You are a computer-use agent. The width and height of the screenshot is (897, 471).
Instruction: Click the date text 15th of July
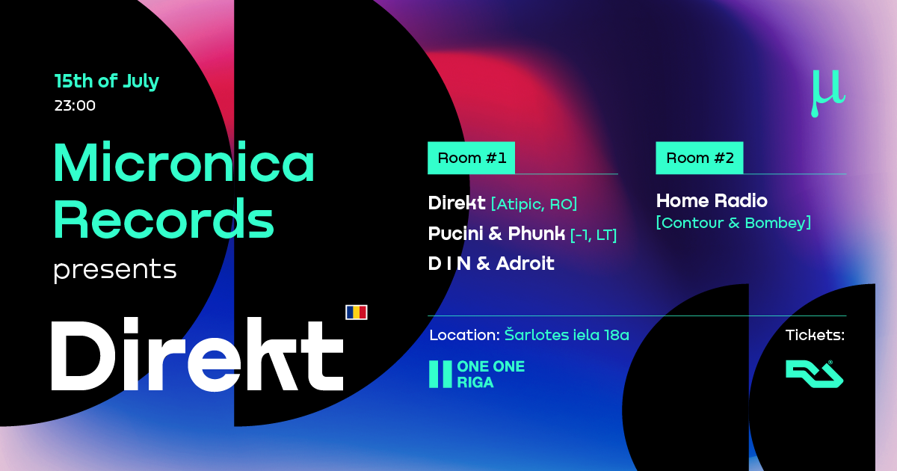(x=106, y=81)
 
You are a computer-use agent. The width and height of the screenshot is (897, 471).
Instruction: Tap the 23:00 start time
(x=75, y=105)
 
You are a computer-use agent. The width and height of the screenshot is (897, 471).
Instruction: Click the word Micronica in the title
(x=184, y=162)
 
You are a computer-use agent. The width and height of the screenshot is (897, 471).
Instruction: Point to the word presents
(x=115, y=270)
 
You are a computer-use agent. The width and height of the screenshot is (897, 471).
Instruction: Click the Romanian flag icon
(x=357, y=313)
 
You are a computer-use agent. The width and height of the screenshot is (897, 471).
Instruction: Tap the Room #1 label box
(x=472, y=158)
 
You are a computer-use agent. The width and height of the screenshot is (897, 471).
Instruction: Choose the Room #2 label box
(x=700, y=158)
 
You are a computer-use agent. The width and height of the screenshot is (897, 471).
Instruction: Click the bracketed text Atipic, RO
(x=534, y=204)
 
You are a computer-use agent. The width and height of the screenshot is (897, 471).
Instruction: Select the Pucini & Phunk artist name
(x=496, y=233)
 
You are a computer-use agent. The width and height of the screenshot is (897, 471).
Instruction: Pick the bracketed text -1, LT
(x=594, y=235)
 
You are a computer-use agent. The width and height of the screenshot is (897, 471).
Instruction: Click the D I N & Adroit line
(x=491, y=263)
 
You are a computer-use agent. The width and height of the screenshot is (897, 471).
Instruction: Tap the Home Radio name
(x=712, y=200)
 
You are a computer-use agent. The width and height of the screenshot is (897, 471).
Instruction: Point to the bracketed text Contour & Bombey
(x=733, y=223)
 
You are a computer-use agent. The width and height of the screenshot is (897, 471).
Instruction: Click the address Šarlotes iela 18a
(x=567, y=334)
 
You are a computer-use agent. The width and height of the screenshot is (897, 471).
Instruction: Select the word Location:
(x=464, y=335)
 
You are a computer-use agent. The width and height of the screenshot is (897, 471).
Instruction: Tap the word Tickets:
(x=815, y=335)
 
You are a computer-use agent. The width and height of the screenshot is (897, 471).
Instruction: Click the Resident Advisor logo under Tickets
(x=815, y=374)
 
